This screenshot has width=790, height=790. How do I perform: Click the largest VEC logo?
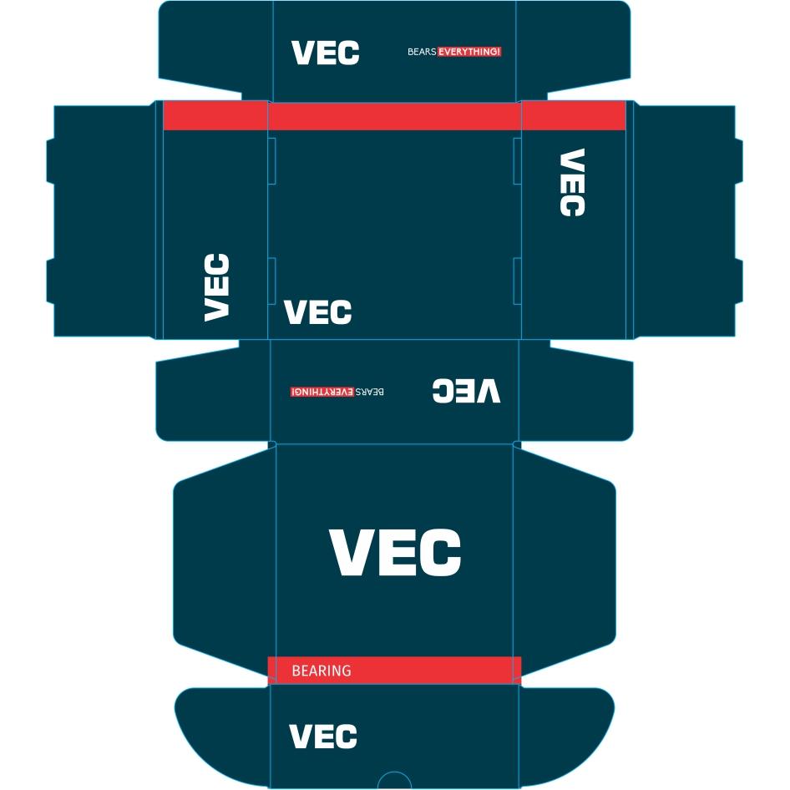pyautogui.click(x=396, y=552)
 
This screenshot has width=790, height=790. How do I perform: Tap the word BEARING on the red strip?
pyautogui.click(x=322, y=671)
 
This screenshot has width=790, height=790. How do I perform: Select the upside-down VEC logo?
pyautogui.click(x=467, y=391)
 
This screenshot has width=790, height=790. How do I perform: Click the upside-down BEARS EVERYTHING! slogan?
pyautogui.click(x=337, y=392)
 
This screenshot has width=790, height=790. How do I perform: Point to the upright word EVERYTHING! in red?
pyautogui.click(x=469, y=52)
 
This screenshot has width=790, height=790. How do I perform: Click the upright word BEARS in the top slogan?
pyautogui.click(x=422, y=52)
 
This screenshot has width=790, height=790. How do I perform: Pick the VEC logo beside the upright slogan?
pyautogui.click(x=326, y=53)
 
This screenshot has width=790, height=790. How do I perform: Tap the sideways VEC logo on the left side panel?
pyautogui.click(x=216, y=287)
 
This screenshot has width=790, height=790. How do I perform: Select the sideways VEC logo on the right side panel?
pyautogui.click(x=572, y=182)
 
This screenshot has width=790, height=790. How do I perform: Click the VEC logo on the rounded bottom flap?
pyautogui.click(x=323, y=736)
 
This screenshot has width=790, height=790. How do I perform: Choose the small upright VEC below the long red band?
pyautogui.click(x=318, y=311)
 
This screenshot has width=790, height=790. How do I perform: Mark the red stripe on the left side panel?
pyautogui.click(x=215, y=115)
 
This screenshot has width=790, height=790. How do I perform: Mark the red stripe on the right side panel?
pyautogui.click(x=574, y=115)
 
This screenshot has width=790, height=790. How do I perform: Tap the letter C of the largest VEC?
pyautogui.click(x=440, y=552)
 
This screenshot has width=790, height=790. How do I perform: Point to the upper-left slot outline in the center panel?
pyautogui.click(x=271, y=160)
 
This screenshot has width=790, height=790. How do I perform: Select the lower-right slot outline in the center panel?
pyautogui.click(x=517, y=281)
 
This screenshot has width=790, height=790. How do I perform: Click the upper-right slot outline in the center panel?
pyautogui.click(x=517, y=160)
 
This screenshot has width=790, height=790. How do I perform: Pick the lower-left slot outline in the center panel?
pyautogui.click(x=271, y=281)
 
